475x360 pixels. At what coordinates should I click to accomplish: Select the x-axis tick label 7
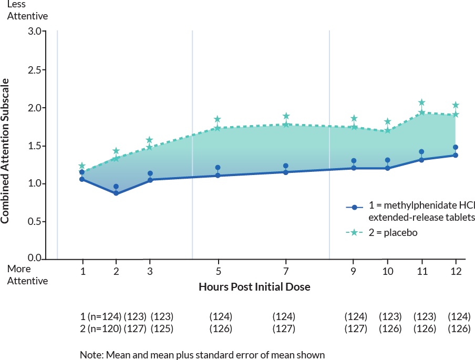point(286,271)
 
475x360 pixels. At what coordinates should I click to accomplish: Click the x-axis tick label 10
point(387,271)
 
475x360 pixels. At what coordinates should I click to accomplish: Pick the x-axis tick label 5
point(218,271)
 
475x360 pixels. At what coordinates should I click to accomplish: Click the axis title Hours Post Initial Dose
point(254,287)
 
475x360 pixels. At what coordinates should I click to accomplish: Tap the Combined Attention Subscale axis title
point(5,151)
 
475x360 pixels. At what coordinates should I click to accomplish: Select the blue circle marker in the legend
point(355,208)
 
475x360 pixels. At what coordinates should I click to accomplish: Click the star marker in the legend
point(355,232)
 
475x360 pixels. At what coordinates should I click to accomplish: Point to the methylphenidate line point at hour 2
point(116,193)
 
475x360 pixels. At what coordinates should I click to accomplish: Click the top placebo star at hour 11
point(421,102)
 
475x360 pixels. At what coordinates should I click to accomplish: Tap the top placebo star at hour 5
point(218,120)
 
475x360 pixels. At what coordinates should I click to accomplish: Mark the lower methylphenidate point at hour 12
point(456,156)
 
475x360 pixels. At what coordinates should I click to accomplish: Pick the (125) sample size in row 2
point(161,328)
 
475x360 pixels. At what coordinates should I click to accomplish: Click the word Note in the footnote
point(91,355)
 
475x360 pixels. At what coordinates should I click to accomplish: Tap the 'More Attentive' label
point(27,275)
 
